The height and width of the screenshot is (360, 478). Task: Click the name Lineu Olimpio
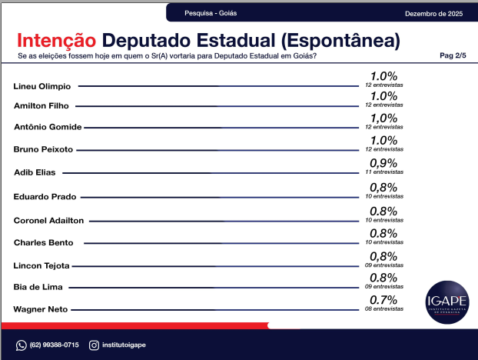pos(42,85)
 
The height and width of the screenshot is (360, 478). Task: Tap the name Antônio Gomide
pos(48,126)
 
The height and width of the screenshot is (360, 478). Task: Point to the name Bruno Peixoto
pos(44,148)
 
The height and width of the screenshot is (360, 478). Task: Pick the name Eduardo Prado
pos(45,197)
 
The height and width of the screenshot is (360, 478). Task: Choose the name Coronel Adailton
pos(49,220)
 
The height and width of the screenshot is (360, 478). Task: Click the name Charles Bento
pos(44,242)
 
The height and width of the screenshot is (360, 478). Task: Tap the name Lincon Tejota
pos(42,265)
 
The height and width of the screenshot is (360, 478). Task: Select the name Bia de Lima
pos(39,286)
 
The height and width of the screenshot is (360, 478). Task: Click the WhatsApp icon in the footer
pos(22,345)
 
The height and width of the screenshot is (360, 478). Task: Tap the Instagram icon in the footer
pos(94,345)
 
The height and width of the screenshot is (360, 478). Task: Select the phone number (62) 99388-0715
pos(53,345)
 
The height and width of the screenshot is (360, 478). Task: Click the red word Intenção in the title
pos(56,40)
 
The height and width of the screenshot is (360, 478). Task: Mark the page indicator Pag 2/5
pos(453,56)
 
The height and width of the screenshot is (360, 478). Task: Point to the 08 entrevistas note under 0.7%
pos(383,308)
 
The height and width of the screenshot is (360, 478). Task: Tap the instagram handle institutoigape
pos(124,345)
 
